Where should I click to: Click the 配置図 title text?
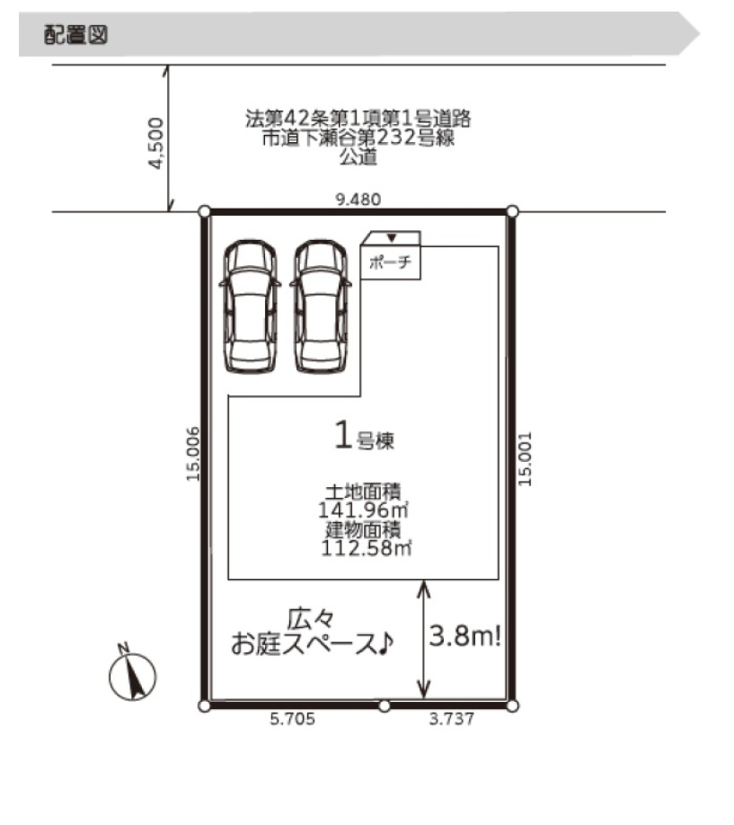click(x=75, y=35)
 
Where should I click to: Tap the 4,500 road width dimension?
click(x=155, y=143)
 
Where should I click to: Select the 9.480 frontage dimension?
click(x=358, y=200)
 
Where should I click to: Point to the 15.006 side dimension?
click(x=193, y=454)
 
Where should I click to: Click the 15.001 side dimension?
click(x=525, y=459)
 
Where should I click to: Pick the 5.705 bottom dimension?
click(x=293, y=719)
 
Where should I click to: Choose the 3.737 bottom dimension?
click(x=451, y=719)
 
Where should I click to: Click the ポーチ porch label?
click(x=390, y=262)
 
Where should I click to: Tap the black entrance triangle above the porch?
click(x=392, y=238)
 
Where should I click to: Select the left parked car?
click(x=250, y=306)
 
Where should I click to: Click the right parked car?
click(x=321, y=306)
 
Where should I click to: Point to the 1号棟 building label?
click(x=365, y=436)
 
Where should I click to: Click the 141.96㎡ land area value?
click(x=364, y=510)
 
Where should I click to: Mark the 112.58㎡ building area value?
click(x=367, y=547)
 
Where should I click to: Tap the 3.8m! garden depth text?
click(x=465, y=635)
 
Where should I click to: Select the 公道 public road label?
click(x=358, y=156)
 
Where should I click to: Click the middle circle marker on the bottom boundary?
click(x=385, y=706)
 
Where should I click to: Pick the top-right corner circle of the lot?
click(x=512, y=211)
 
